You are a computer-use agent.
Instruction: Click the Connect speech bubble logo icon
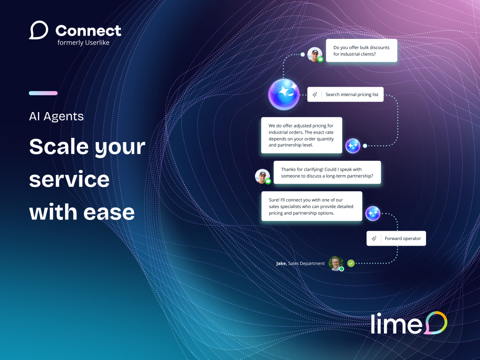coord(38,30)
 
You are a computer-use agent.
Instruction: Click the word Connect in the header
coord(88,30)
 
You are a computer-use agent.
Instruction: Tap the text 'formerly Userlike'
coord(83,43)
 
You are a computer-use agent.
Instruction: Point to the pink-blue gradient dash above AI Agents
coord(43,93)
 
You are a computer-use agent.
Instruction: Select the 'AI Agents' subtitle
coord(56,116)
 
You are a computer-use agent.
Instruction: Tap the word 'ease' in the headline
coord(109,212)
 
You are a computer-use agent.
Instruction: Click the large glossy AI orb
coord(284,94)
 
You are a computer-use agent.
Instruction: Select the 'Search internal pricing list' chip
coord(345,94)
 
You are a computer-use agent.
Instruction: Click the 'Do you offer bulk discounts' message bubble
coord(361,51)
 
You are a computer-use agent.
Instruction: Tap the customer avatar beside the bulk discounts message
coord(315,55)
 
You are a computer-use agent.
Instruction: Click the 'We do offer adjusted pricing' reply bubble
coord(301,135)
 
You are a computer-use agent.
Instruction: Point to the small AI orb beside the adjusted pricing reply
coord(352,146)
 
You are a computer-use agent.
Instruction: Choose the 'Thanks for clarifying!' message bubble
coord(327,172)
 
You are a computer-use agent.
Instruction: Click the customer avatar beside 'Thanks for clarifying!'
coord(262,177)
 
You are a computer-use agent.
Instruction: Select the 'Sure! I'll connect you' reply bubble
coord(312,206)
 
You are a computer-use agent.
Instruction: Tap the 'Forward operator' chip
coord(396,239)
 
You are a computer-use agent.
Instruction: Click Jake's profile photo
coord(336,263)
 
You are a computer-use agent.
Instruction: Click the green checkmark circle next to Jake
coord(351,263)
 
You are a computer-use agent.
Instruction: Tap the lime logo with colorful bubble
coord(409,323)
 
